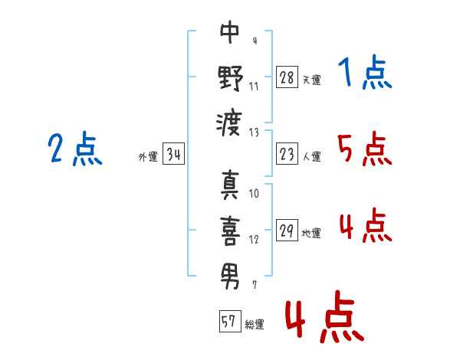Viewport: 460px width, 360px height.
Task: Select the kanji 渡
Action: pyautogui.click(x=230, y=121)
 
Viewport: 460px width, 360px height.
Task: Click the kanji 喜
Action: pyautogui.click(x=230, y=229)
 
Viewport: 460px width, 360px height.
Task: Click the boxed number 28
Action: pyautogui.click(x=287, y=77)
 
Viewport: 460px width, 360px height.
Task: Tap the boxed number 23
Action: pyautogui.click(x=287, y=155)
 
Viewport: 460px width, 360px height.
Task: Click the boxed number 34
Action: pyautogui.click(x=173, y=155)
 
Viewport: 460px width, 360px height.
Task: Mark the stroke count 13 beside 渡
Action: pyautogui.click(x=255, y=132)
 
